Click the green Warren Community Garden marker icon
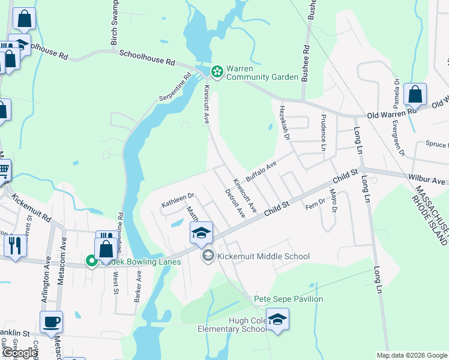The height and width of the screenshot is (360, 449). tap(216, 72)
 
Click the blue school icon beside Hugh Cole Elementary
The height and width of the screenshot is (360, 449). tap(277, 319)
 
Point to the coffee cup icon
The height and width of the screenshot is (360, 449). tap(51, 322)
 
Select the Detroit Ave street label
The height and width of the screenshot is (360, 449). tap(235, 203)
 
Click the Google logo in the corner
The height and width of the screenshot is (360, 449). tap(20, 353)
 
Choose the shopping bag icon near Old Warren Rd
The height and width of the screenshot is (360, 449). tap(415, 94)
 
